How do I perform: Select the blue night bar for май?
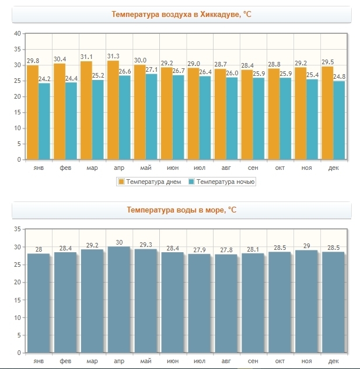pos(152,117)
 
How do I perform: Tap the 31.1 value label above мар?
pos(87,57)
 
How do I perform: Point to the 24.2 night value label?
pos(44,78)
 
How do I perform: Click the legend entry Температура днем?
pos(150,182)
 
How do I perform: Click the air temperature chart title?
pos(181,14)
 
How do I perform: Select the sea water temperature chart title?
pos(181,210)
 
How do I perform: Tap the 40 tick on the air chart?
pos(17,33)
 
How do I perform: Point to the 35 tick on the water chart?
pos(17,229)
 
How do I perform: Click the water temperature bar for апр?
pos(118,300)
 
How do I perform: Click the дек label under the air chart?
pos(333,168)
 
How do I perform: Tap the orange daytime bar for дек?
pos(327,113)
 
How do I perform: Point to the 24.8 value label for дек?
pos(340,76)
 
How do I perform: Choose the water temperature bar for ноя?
pos(306,301)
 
